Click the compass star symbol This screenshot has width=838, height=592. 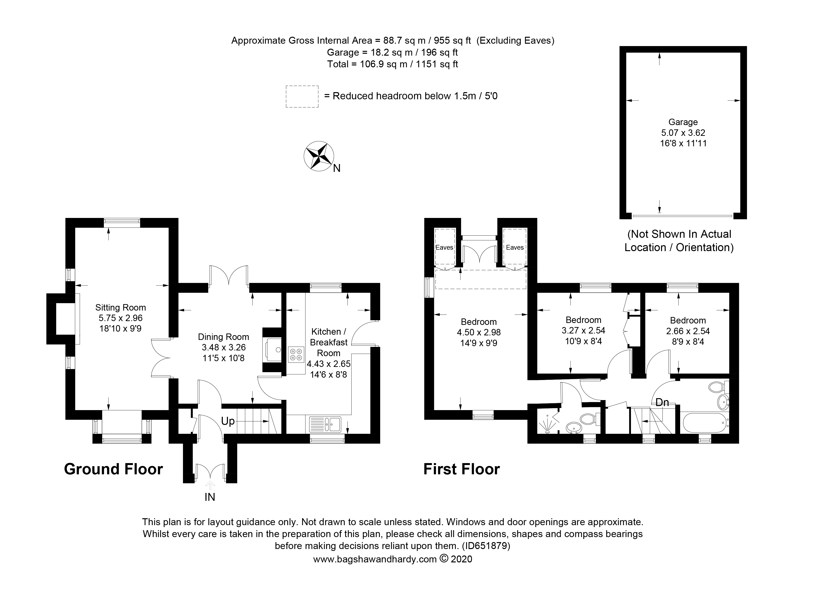(x=319, y=156)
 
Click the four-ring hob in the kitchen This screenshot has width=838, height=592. (x=296, y=354)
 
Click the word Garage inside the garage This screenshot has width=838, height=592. (x=683, y=122)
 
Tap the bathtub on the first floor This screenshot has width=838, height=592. (x=705, y=423)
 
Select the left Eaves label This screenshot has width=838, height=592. (x=444, y=248)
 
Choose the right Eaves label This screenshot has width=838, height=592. (x=515, y=248)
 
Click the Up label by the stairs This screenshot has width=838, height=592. (x=228, y=421)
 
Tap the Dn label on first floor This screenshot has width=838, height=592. (x=662, y=402)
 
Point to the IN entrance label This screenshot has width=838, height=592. (x=210, y=497)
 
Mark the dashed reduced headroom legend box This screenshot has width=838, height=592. (x=302, y=96)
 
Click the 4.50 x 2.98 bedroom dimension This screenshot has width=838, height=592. (x=479, y=332)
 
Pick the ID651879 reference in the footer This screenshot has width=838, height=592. (x=486, y=546)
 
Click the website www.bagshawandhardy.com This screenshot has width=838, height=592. (x=375, y=559)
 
